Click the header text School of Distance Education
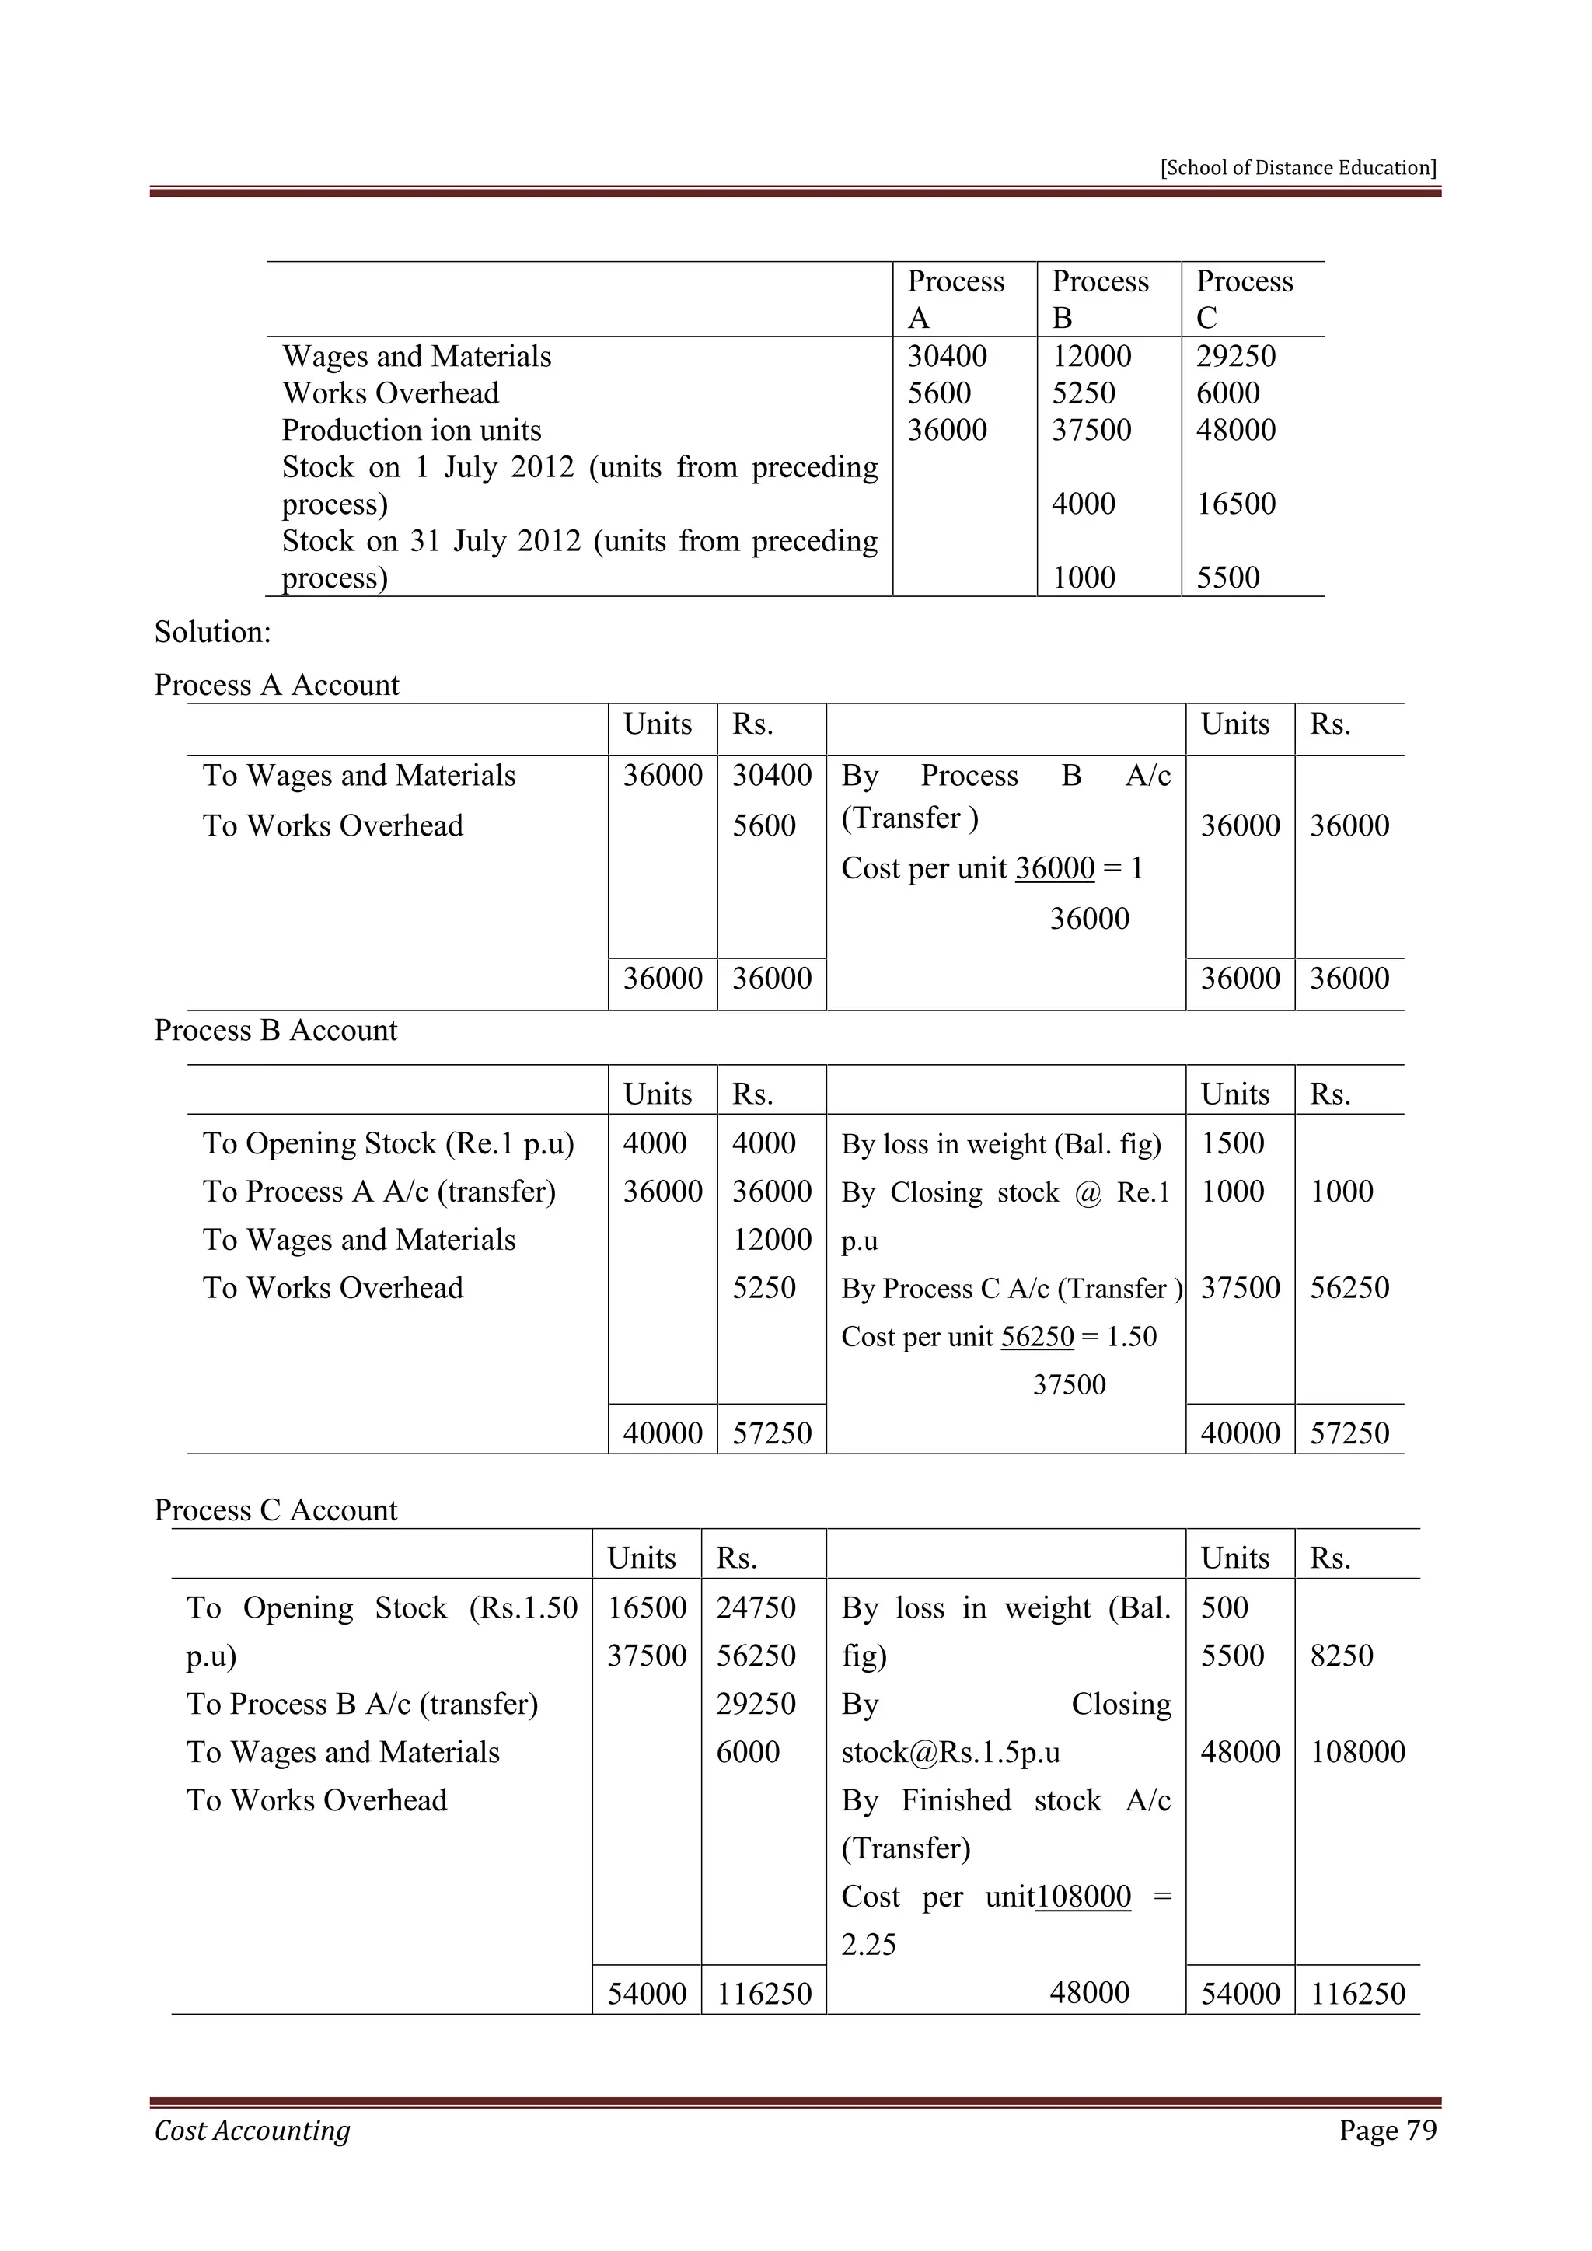(x=1298, y=168)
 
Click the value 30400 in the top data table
(x=947, y=356)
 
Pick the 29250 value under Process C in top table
(x=1235, y=356)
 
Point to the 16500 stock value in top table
(x=1235, y=504)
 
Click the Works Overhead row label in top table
(x=390, y=393)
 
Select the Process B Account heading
(x=275, y=1031)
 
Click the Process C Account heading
(x=275, y=1509)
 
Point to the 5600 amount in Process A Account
(x=763, y=825)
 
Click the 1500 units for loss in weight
(x=1232, y=1143)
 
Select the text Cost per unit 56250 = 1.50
(x=998, y=1336)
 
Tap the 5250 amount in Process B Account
(x=763, y=1287)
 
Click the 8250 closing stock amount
(x=1341, y=1656)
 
